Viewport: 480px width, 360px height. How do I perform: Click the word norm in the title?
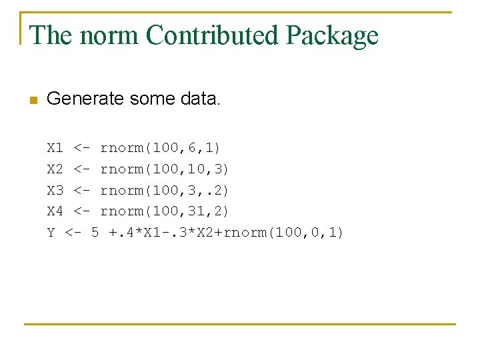pyautogui.click(x=109, y=35)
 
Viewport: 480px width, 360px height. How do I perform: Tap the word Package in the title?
pyautogui.click(x=332, y=35)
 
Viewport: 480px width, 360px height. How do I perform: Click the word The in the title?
pyautogui.click(x=51, y=35)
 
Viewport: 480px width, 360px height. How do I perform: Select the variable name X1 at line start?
pyautogui.click(x=55, y=147)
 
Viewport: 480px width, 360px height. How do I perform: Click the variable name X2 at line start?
pyautogui.click(x=55, y=168)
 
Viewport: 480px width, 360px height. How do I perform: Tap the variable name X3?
pyautogui.click(x=55, y=190)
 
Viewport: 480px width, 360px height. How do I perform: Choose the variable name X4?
pyautogui.click(x=55, y=211)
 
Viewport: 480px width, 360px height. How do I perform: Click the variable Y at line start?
pyautogui.click(x=51, y=233)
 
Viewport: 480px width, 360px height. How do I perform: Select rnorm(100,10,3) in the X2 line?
pyautogui.click(x=165, y=168)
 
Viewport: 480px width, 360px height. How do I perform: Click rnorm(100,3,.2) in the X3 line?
pyautogui.click(x=165, y=190)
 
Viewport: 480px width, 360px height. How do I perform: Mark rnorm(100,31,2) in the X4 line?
pyautogui.click(x=165, y=211)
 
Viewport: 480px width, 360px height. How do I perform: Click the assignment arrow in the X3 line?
pyautogui.click(x=83, y=190)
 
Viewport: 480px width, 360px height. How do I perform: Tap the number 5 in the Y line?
pyautogui.click(x=95, y=233)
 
